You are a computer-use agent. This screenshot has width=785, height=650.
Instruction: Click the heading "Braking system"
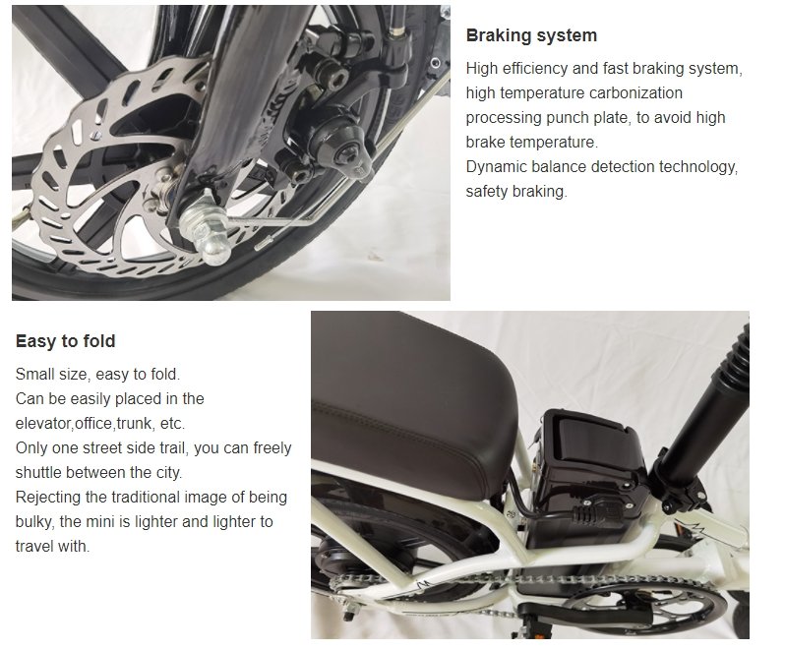coord(531,35)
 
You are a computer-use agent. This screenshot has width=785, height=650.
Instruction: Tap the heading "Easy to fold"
coord(65,342)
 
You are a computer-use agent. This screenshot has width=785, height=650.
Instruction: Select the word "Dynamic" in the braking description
coord(500,167)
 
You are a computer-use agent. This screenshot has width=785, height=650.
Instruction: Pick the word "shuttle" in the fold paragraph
coord(39,472)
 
